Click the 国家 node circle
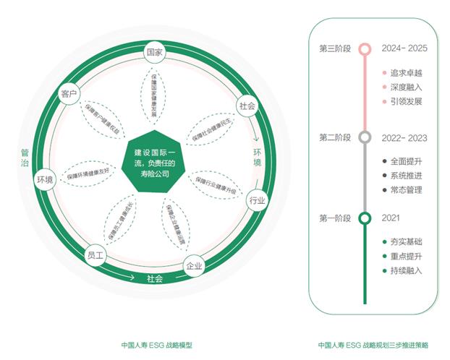(154, 53)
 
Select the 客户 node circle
(69, 95)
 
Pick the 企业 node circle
(194, 266)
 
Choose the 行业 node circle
(256, 200)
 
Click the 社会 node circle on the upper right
(247, 106)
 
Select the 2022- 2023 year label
(404, 137)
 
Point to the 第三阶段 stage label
(334, 48)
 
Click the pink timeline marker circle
(365, 48)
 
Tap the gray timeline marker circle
(365, 137)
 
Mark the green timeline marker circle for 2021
(365, 218)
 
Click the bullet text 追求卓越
(405, 73)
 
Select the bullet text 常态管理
(405, 190)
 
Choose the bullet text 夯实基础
(405, 241)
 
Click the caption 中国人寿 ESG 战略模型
(156, 346)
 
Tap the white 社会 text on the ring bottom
(155, 278)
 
